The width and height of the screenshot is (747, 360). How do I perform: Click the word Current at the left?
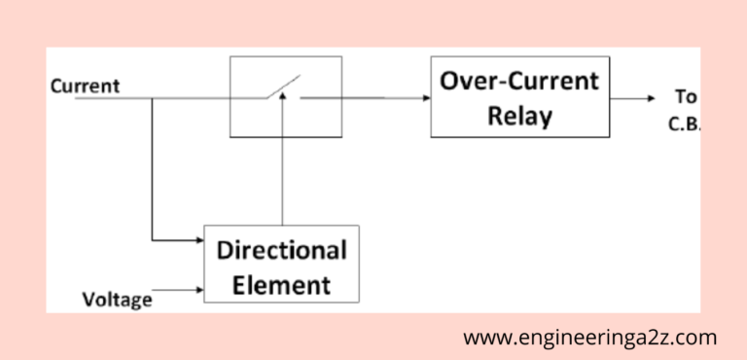tap(85, 86)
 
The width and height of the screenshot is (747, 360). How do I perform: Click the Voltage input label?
tap(117, 299)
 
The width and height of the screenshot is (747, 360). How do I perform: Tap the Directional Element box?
tap(281, 266)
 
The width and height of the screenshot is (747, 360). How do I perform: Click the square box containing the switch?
tap(285, 96)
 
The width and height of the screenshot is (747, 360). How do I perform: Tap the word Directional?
tap(281, 250)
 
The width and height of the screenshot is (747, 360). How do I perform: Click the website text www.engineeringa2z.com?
tap(589, 338)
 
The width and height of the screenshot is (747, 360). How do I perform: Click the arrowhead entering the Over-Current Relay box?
tap(424, 97)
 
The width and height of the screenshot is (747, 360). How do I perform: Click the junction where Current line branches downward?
tap(152, 97)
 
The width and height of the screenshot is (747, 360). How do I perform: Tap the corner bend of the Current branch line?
tap(152, 238)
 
